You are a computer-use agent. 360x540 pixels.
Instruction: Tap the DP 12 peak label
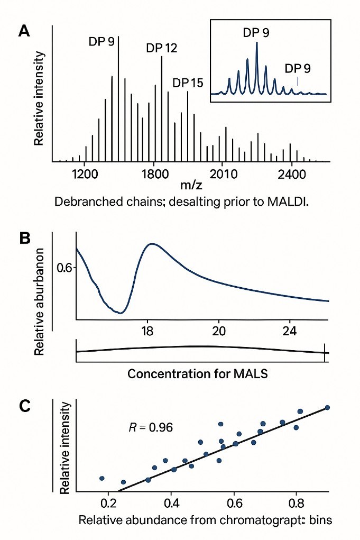[162, 49]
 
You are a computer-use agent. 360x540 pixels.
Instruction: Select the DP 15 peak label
[188, 83]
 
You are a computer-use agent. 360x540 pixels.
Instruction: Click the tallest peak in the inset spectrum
[256, 42]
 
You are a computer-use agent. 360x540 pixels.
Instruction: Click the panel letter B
[24, 239]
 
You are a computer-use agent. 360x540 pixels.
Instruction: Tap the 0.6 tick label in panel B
[64, 268]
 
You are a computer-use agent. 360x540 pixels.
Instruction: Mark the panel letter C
[24, 406]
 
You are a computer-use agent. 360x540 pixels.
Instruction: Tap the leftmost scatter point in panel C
[102, 478]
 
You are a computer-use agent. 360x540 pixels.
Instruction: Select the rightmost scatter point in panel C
[327, 407]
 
